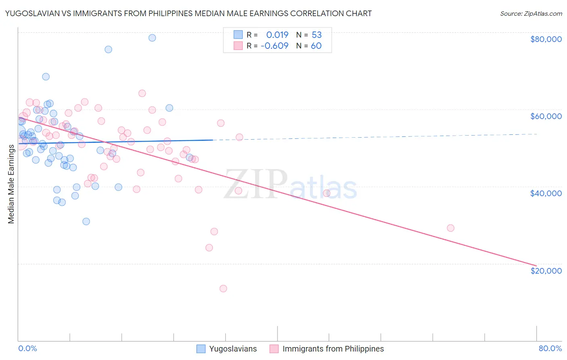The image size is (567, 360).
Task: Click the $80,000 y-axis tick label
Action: pyautogui.click(x=546, y=39)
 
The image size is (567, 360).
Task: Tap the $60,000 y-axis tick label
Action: pyautogui.click(x=546, y=116)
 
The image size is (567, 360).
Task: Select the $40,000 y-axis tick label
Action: pyautogui.click(x=546, y=193)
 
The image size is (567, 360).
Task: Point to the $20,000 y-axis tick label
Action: pyautogui.click(x=546, y=270)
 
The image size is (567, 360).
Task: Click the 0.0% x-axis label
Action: pyautogui.click(x=27, y=348)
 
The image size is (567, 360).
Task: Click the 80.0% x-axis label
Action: pyautogui.click(x=550, y=348)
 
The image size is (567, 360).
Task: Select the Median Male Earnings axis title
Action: pyautogui.click(x=11, y=184)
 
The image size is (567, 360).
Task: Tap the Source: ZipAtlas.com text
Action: pyautogui.click(x=531, y=13)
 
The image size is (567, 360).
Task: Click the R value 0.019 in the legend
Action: pyautogui.click(x=277, y=35)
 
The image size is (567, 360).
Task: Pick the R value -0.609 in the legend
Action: pyautogui.click(x=275, y=46)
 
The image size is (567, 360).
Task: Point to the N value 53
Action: pyautogui.click(x=317, y=35)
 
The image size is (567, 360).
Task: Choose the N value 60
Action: pyautogui.click(x=317, y=46)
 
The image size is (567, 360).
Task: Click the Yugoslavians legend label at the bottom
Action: pyautogui.click(x=233, y=349)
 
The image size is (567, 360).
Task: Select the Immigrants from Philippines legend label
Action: pyautogui.click(x=333, y=349)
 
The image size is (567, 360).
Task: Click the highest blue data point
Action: pyautogui.click(x=152, y=38)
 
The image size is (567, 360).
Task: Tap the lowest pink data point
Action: pyautogui.click(x=223, y=289)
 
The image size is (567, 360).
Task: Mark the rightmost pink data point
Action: pyautogui.click(x=450, y=228)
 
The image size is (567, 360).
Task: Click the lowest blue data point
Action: pyautogui.click(x=86, y=221)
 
